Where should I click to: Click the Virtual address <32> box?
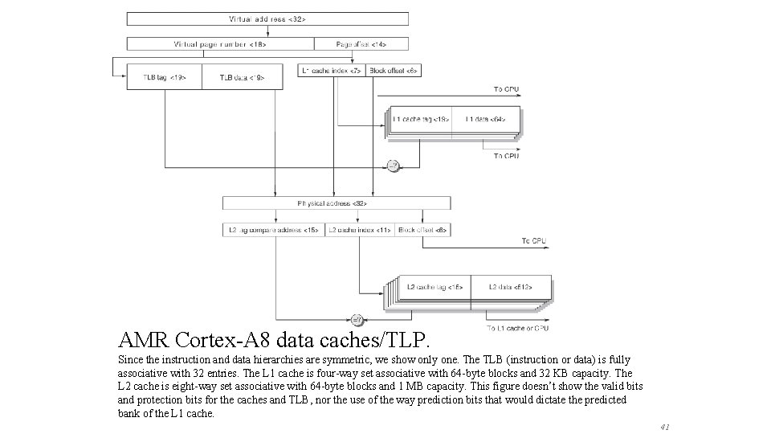pos(267,18)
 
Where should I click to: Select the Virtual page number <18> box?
pos(220,43)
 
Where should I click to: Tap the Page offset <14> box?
pos(361,43)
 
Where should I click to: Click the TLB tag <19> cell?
pos(164,76)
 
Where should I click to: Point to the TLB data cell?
pos(242,76)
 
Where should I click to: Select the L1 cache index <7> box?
pos(332,71)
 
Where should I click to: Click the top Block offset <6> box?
pos(394,71)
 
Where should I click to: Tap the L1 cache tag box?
pos(421,119)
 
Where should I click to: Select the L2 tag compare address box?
pos(273,230)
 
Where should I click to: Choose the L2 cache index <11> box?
pos(359,230)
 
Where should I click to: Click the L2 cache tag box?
pos(434,286)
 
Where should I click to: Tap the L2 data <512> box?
pos(510,286)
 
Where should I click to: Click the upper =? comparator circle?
pos(393,166)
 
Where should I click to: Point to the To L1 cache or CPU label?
pos(517,328)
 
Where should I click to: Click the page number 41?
pos(663,426)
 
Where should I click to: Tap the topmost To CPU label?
pos(506,88)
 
